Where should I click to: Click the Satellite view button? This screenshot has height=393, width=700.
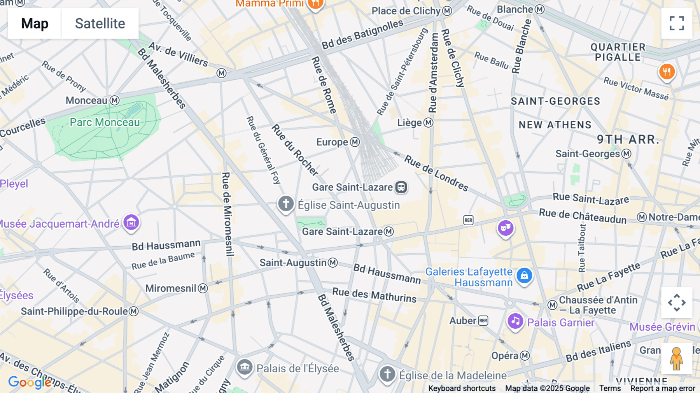pyautogui.click(x=100, y=23)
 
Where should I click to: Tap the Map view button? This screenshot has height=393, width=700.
pyautogui.click(x=35, y=23)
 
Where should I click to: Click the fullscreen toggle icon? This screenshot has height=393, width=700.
pyautogui.click(x=677, y=23)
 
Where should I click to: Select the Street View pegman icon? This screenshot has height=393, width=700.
pyautogui.click(x=676, y=358)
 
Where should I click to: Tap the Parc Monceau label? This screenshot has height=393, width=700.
pyautogui.click(x=105, y=122)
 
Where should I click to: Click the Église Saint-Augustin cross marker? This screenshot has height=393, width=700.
pyautogui.click(x=286, y=204)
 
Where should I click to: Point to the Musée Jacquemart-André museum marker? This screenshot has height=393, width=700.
pyautogui.click(x=131, y=223)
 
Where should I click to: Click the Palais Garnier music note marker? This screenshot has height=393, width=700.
pyautogui.click(x=515, y=321)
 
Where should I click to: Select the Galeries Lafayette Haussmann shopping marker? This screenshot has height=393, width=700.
pyautogui.click(x=524, y=275)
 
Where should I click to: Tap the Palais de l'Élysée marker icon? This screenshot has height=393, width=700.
pyautogui.click(x=245, y=367)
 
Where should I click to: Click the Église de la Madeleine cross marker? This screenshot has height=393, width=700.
pyautogui.click(x=387, y=374)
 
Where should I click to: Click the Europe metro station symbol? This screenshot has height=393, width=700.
pyautogui.click(x=355, y=142)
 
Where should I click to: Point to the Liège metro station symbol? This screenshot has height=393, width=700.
pyautogui.click(x=428, y=123)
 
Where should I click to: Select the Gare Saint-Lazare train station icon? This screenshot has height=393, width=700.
pyautogui.click(x=401, y=187)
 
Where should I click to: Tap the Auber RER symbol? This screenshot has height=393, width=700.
pyautogui.click(x=483, y=321)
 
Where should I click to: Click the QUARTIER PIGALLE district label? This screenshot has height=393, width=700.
pyautogui.click(x=618, y=52)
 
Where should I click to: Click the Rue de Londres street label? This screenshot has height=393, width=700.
pyautogui.click(x=436, y=172)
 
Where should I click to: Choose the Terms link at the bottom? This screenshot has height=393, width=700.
pyautogui.click(x=610, y=388)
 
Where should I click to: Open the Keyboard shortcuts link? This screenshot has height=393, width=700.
pyautogui.click(x=462, y=388)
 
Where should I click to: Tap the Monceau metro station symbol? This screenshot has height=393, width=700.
pyautogui.click(x=114, y=100)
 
